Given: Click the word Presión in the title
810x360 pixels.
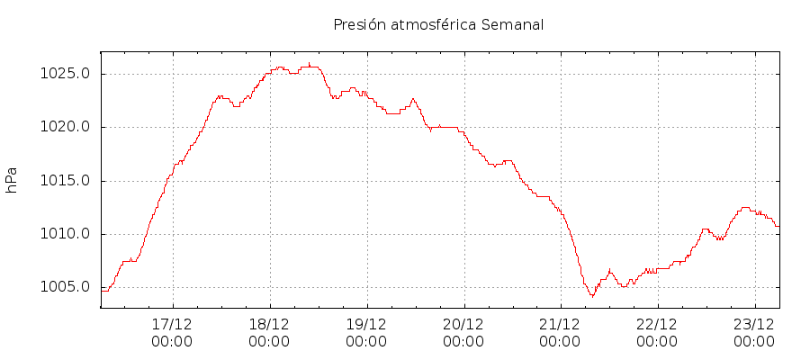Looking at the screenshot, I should tap(358, 24).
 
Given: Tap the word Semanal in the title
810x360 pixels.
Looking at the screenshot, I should tap(513, 24).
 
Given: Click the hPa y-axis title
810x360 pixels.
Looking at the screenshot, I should tap(12, 180).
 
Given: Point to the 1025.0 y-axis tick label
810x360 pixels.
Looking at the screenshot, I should tap(67, 74).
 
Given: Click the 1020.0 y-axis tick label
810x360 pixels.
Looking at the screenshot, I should tap(67, 127).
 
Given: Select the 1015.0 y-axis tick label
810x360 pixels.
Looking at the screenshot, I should tap(67, 181).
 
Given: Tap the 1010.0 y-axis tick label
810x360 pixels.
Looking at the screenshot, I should tap(67, 234).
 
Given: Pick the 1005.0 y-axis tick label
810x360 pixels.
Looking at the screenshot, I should tap(67, 288).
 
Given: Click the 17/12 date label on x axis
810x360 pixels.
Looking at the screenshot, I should tap(172, 324).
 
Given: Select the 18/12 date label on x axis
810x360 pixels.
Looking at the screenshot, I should tap(269, 324).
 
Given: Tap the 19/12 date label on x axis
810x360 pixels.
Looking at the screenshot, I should tap(366, 324).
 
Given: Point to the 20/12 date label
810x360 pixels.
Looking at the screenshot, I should tap(463, 324).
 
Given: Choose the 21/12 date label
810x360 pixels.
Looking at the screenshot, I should tap(560, 324).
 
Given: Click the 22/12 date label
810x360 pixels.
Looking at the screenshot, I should tap(657, 324).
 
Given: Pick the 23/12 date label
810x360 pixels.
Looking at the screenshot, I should tap(754, 324).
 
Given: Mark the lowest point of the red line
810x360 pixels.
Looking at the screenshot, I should tap(592, 296).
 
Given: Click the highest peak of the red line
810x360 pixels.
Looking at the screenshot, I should tap(309, 64).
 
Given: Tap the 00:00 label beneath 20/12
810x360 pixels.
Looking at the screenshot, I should tap(463, 342).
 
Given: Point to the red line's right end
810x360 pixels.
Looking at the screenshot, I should tap(778, 225).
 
